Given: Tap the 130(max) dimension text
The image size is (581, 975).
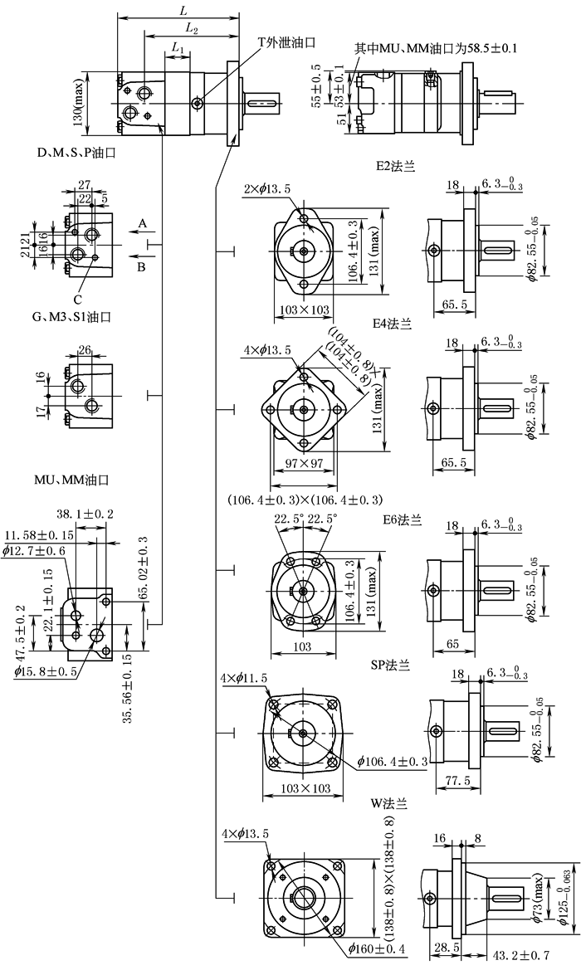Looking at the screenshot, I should tap(77, 100).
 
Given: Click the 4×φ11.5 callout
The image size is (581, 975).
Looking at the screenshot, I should tap(244, 680).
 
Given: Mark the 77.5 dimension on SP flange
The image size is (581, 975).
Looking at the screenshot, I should tap(452, 780).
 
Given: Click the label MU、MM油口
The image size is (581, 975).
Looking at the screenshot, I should tap(73, 480).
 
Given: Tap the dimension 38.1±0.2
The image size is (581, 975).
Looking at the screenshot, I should tap(85, 514).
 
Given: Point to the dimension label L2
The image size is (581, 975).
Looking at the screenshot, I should tap(191, 28).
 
